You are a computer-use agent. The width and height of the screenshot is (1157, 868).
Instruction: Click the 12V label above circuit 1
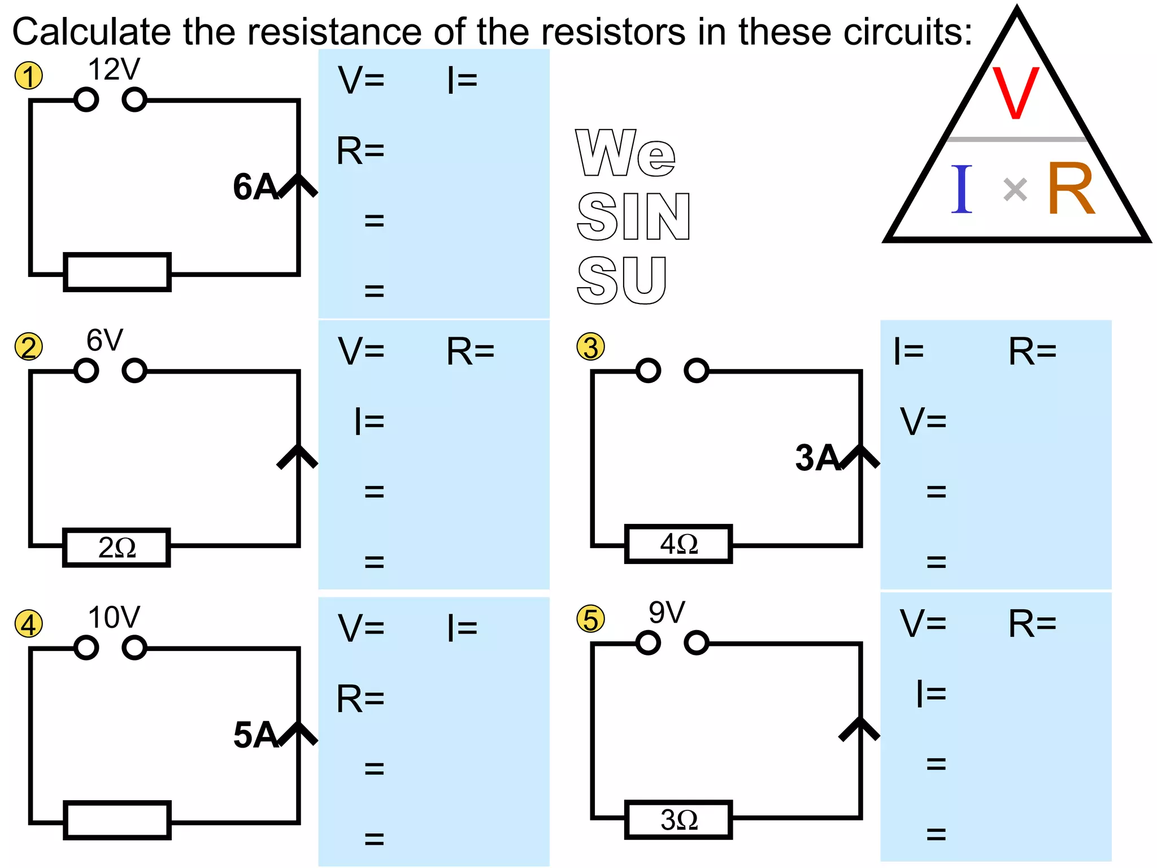114,70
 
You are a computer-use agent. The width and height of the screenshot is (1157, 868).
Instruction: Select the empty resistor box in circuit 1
117,272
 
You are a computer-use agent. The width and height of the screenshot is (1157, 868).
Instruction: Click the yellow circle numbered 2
28,346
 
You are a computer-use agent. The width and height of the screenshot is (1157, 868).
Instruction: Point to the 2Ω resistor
116,548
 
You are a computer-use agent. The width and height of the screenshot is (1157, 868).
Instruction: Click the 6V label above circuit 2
105,341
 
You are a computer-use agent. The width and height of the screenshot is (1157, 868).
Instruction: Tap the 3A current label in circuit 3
817,458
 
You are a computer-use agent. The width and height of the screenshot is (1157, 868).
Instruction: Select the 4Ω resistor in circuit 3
678,544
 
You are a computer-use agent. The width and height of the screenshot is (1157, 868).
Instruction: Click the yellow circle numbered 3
590,346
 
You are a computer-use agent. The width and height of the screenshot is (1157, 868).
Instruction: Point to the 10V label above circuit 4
114,618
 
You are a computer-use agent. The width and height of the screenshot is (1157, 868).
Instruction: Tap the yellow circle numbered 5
590,619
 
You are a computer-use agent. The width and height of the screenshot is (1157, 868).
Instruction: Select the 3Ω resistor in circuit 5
678,820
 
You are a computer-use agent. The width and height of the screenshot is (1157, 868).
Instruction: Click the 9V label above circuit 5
667,613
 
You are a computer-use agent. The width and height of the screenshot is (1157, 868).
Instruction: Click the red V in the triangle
1016,93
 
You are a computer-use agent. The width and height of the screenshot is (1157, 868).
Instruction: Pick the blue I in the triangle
962,189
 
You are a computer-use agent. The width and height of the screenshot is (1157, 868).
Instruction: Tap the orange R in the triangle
1071,189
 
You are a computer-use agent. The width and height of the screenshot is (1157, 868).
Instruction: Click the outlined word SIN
633,216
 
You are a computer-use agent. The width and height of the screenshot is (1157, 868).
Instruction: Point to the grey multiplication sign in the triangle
1015,189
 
